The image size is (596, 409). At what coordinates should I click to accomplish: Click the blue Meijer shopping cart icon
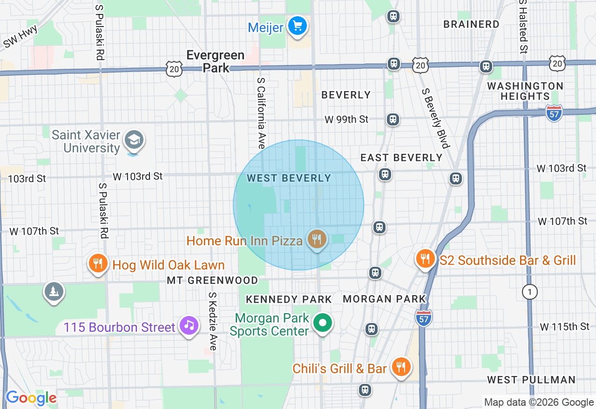click(297, 26)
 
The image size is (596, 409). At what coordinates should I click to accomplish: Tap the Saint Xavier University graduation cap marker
click(135, 140)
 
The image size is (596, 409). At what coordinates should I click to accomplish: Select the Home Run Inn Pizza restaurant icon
click(317, 239)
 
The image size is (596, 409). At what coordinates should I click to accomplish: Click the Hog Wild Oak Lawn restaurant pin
click(98, 264)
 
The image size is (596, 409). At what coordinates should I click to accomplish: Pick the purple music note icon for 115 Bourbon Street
click(188, 325)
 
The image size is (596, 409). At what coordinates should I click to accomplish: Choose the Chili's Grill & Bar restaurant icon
click(400, 367)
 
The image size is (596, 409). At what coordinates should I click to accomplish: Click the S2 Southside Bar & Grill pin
click(425, 258)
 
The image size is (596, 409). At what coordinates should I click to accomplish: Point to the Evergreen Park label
click(215, 61)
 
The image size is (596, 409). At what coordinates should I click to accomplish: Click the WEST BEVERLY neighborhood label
click(289, 178)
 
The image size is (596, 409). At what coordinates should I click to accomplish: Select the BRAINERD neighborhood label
click(471, 24)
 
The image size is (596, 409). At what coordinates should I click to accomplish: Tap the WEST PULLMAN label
click(531, 380)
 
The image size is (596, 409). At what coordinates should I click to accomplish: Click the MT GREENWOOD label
click(212, 280)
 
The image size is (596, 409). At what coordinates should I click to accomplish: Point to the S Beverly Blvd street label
click(436, 118)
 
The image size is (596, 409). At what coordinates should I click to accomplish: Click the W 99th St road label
click(346, 119)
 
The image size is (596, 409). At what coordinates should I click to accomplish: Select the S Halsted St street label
click(523, 26)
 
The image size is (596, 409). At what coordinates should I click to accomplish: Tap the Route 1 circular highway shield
click(530, 292)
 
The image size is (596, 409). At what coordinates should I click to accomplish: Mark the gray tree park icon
click(54, 291)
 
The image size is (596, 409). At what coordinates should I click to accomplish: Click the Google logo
click(31, 398)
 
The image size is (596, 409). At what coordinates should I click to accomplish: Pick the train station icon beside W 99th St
click(393, 119)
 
